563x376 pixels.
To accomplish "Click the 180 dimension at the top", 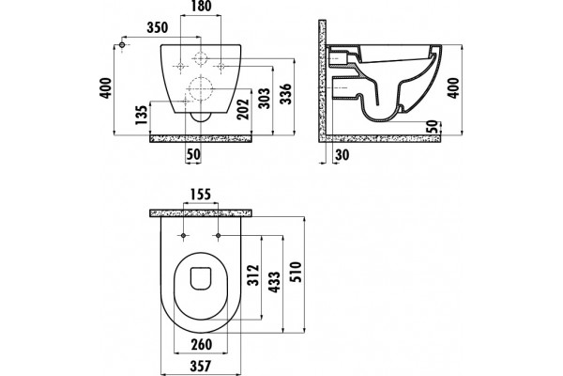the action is (201, 7).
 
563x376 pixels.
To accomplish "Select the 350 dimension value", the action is (158, 27).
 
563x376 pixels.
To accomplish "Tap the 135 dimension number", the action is (142, 115).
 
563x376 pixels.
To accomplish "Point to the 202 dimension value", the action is (243, 109).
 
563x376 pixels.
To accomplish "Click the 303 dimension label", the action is (265, 98).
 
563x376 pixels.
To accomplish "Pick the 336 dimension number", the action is (286, 94).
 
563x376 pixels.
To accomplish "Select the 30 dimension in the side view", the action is (342, 155).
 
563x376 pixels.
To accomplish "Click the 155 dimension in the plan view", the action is (200, 195).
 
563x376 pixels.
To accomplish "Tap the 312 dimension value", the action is (253, 275).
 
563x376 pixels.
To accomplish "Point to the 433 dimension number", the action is (275, 282).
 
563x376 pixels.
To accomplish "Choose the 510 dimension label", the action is (297, 272).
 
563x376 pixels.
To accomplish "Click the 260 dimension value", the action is (202, 345).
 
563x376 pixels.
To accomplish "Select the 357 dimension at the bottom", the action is (201, 367).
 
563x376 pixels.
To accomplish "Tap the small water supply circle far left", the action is (122, 45).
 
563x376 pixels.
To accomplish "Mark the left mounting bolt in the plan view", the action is (184, 235).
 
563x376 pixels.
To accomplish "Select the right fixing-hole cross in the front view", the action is (221, 66).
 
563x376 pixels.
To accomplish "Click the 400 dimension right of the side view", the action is (454, 87).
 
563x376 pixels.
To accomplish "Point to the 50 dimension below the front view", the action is (193, 155).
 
